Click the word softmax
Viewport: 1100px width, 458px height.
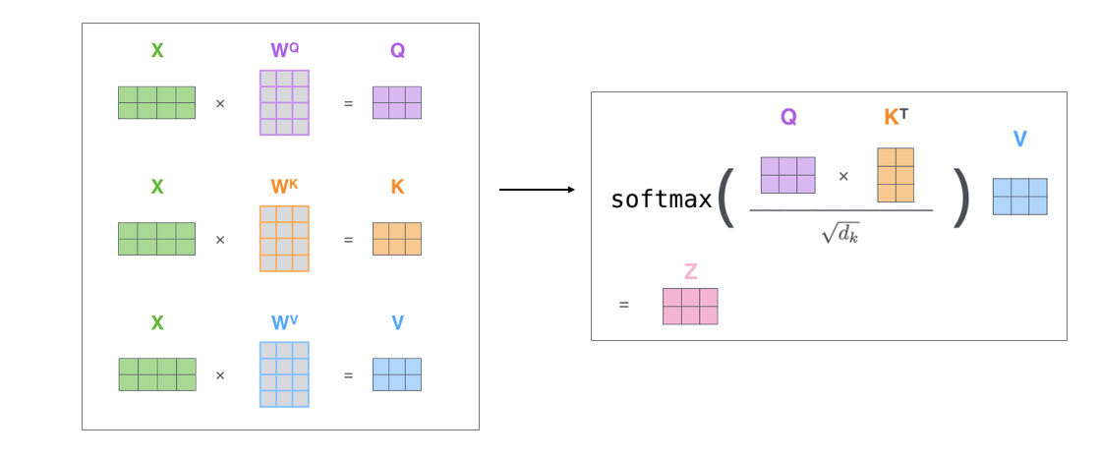[x=661, y=200]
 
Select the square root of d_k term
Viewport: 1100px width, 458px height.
[x=840, y=233]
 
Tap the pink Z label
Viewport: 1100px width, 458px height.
[x=690, y=272]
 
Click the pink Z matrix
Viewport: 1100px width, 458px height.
[x=690, y=306]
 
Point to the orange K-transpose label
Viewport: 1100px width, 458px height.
[x=896, y=117]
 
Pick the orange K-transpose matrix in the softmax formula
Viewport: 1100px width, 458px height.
[x=896, y=175]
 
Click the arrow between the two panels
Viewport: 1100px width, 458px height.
[x=537, y=190]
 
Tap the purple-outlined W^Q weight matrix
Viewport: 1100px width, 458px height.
[x=284, y=102]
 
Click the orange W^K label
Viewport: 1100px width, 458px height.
[x=284, y=187]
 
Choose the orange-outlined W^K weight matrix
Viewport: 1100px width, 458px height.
[x=284, y=238]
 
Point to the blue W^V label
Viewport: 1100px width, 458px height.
[x=284, y=323]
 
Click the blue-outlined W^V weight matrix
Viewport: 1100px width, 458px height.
[x=284, y=374]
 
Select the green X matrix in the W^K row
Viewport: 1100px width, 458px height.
[x=156, y=238]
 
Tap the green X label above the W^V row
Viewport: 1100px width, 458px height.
[x=156, y=323]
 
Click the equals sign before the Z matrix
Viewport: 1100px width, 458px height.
[x=623, y=305]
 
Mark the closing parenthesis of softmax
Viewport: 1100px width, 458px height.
[x=961, y=198]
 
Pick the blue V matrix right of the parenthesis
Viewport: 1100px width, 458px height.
[x=1019, y=197]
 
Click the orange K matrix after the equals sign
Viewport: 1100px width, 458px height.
[x=397, y=238]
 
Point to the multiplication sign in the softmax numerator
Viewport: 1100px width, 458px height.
[x=843, y=177]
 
